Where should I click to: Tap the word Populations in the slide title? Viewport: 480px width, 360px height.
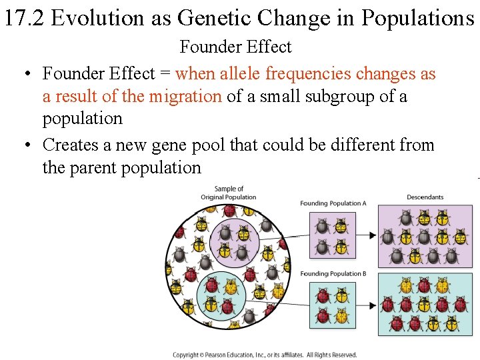click(x=418, y=18)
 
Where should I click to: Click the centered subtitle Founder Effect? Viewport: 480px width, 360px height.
click(x=235, y=47)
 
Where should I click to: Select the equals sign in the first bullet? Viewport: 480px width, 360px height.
click(x=165, y=73)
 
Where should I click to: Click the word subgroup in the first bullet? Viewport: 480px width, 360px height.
click(x=341, y=96)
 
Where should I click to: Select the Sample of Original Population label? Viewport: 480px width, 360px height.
click(x=229, y=193)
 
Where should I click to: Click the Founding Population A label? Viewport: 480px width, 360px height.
click(x=333, y=203)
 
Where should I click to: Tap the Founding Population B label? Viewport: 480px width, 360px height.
click(x=333, y=273)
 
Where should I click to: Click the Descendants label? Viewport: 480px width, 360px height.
click(x=425, y=197)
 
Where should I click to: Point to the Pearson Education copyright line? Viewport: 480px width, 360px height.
click(x=265, y=355)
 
